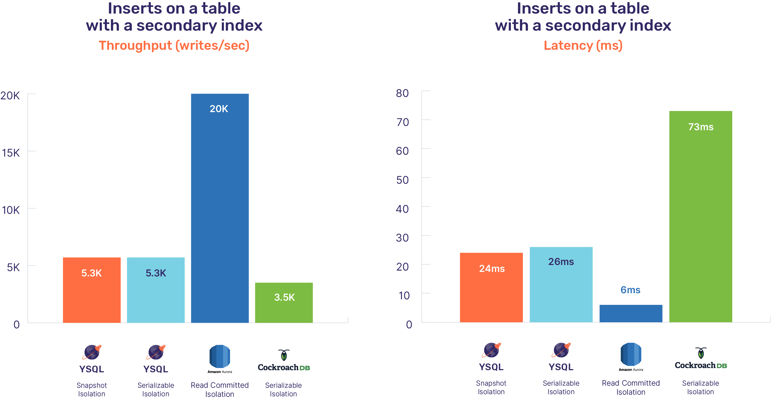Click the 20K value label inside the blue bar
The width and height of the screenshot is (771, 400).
click(x=219, y=109)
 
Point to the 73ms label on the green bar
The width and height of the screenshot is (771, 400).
click(x=701, y=127)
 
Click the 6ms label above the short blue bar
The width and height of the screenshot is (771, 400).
click(x=630, y=290)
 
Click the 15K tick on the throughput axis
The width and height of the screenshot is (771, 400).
click(x=11, y=153)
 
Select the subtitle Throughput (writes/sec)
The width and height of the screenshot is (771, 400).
click(x=174, y=46)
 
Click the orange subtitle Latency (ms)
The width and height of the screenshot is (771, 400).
click(x=583, y=46)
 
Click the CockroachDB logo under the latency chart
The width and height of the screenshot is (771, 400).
click(x=700, y=359)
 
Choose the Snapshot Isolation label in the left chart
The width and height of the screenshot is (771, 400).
click(x=91, y=390)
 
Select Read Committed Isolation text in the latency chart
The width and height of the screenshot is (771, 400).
click(x=631, y=387)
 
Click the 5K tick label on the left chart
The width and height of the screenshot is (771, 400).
click(x=13, y=268)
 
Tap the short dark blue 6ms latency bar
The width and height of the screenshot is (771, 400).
click(x=631, y=313)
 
